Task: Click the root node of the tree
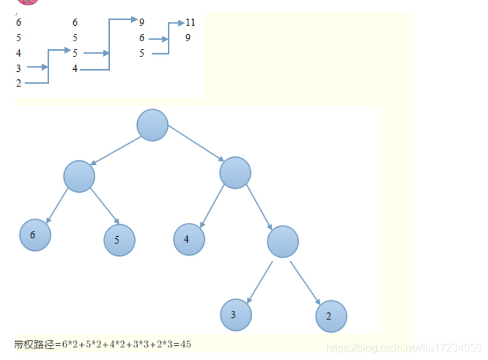click(x=152, y=125)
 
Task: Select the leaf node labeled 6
click(x=35, y=235)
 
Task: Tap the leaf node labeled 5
click(x=119, y=240)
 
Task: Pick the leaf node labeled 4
click(x=189, y=239)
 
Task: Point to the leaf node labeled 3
click(x=236, y=315)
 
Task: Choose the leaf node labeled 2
click(x=331, y=317)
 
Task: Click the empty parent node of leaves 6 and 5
click(x=79, y=176)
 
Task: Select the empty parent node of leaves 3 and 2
click(x=283, y=242)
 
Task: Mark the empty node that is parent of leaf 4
click(x=235, y=172)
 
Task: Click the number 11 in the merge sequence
click(x=190, y=23)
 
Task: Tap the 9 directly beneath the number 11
click(x=188, y=38)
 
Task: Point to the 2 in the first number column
click(x=19, y=83)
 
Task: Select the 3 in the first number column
click(x=19, y=68)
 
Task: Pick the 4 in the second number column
click(x=75, y=68)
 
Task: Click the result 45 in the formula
click(x=185, y=344)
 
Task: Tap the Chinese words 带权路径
click(x=34, y=344)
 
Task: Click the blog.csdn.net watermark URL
click(x=405, y=347)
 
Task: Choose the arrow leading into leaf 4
click(x=212, y=206)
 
